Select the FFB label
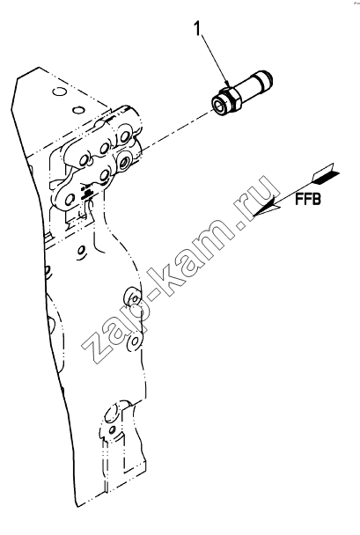point(308,199)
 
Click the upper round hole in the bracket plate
point(58,92)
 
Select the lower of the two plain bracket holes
point(77,109)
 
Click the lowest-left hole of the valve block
point(69,199)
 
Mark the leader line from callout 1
point(215,59)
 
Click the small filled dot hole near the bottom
point(112,429)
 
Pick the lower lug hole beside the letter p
point(136,341)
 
